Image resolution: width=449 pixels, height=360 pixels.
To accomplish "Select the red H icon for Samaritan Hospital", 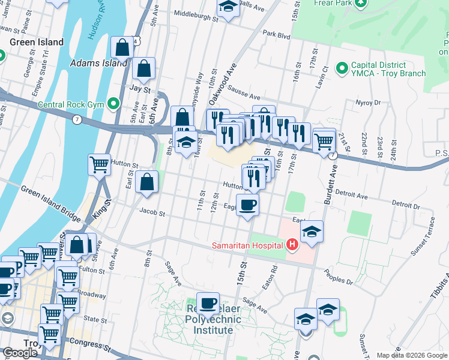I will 292,245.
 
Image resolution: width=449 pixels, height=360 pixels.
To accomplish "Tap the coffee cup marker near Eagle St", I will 247,205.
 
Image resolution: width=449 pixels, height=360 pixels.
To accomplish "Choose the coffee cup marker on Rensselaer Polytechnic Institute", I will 208,303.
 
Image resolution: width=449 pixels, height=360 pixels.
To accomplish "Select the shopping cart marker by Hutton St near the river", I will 99,164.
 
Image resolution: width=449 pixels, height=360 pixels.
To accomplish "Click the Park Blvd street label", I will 276,35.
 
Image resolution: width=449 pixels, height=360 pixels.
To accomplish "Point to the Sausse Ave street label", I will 246,96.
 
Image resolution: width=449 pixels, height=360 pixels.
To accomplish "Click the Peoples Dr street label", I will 340,280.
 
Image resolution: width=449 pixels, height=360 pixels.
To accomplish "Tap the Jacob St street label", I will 152,212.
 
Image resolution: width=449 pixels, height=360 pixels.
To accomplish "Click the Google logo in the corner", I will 20,353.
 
